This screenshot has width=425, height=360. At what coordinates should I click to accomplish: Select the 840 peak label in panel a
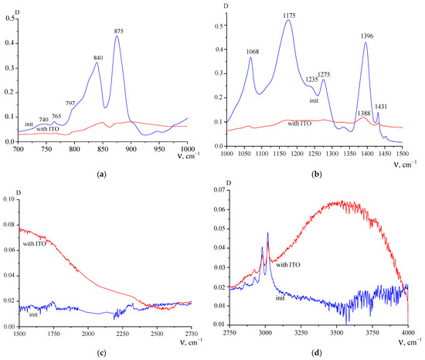point(97,58)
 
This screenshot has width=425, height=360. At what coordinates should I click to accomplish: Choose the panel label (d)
point(319,352)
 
